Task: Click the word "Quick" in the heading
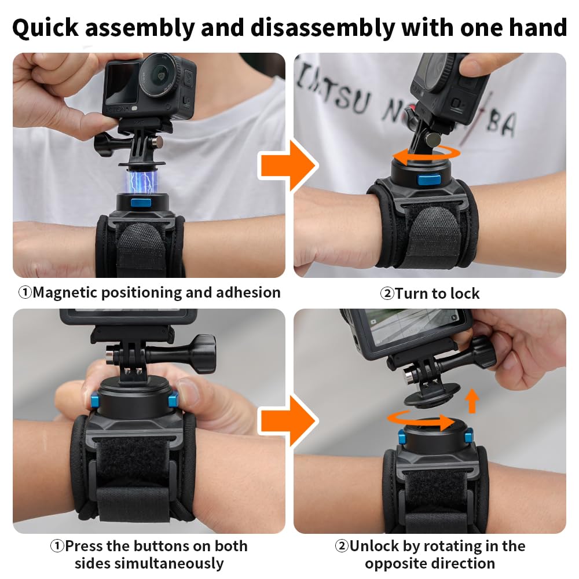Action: [45, 28]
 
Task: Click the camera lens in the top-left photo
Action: [160, 76]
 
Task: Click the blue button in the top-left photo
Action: [141, 203]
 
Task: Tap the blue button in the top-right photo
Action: [429, 180]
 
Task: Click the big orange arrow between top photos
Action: [288, 166]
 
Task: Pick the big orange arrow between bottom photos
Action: [288, 421]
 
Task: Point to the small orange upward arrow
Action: [471, 401]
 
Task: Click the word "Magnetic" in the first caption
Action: [66, 293]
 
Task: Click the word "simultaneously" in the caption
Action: [168, 564]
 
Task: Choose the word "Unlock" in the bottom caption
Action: [374, 546]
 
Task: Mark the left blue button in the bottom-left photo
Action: [94, 401]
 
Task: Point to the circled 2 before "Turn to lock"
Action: [387, 294]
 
